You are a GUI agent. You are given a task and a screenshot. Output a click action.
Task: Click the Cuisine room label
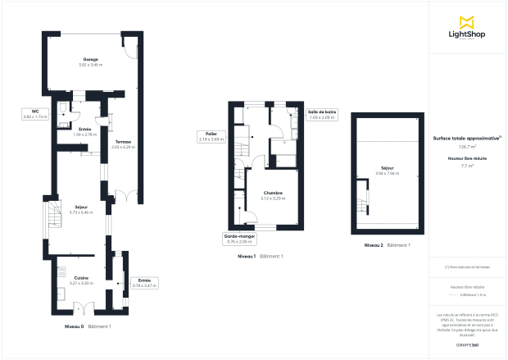pyautogui.click(x=81, y=280)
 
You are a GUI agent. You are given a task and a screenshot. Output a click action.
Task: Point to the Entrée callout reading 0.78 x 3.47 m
pyautogui.click(x=143, y=283)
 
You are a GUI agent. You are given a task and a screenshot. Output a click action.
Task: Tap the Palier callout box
pyautogui.click(x=211, y=137)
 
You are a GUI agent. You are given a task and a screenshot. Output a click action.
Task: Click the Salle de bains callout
pyautogui.click(x=322, y=113)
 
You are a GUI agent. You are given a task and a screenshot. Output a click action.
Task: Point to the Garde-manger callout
pyautogui.click(x=240, y=239)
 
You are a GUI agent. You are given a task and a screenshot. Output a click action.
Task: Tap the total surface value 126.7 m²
pyautogui.click(x=468, y=147)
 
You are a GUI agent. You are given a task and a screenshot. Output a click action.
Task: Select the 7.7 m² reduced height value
pyautogui.click(x=468, y=166)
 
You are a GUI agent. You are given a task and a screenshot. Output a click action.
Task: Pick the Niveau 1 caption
pyautogui.click(x=247, y=257)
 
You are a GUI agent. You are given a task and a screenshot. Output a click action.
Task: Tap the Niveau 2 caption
pyautogui.click(x=374, y=245)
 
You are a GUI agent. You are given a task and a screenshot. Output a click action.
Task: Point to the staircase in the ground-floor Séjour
pyautogui.click(x=54, y=215)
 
